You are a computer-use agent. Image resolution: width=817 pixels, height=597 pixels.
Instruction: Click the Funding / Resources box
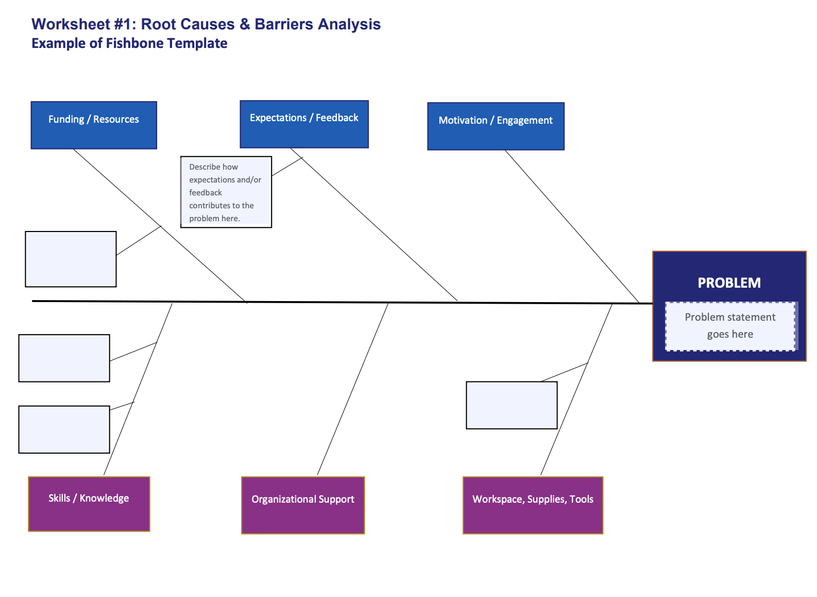pos(94,125)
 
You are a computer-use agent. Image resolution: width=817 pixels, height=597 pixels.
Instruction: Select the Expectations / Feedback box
pos(304,124)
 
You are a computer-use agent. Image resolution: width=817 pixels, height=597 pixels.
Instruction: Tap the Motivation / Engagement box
pos(496,126)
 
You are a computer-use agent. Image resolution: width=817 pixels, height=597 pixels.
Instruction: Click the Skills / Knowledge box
pos(89,504)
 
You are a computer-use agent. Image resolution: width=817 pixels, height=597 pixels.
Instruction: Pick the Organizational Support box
pos(303,505)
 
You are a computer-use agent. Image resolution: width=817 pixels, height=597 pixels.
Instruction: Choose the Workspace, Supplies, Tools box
pos(533,505)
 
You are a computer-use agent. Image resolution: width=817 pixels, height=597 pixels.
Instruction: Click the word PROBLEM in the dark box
pos(729,283)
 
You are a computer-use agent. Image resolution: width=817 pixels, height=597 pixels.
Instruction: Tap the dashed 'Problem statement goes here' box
pos(730,326)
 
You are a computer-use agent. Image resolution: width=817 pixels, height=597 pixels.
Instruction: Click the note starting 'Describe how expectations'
pos(226,192)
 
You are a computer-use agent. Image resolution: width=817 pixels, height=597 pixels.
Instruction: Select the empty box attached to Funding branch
pos(71,259)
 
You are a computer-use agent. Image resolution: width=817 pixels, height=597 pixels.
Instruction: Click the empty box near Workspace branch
pos(512,405)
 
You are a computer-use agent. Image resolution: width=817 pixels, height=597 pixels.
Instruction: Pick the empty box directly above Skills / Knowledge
pos(64,429)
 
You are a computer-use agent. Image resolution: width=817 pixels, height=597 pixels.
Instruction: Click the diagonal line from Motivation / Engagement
pos(572,226)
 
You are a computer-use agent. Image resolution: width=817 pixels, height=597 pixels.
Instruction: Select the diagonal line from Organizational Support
pos(353,389)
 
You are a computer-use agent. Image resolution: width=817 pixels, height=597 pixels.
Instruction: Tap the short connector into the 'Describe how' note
pos(287,167)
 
